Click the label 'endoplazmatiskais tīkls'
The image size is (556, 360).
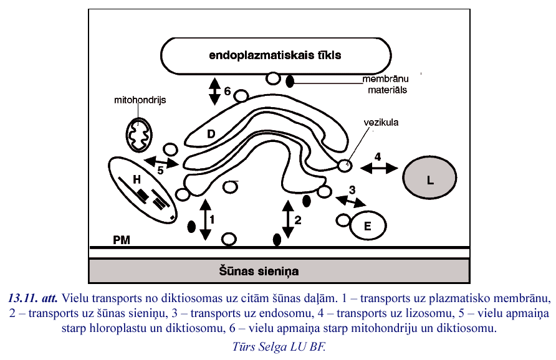(275, 55)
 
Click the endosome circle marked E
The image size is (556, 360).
(367, 227)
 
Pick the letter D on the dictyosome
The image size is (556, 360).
(211, 133)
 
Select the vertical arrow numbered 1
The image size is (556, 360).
(206, 219)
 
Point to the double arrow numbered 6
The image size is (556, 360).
(214, 91)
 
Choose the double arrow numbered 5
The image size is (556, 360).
(161, 163)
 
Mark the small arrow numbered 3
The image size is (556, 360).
(351, 201)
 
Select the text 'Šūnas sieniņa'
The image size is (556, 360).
(259, 272)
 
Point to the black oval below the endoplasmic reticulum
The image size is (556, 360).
(290, 81)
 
